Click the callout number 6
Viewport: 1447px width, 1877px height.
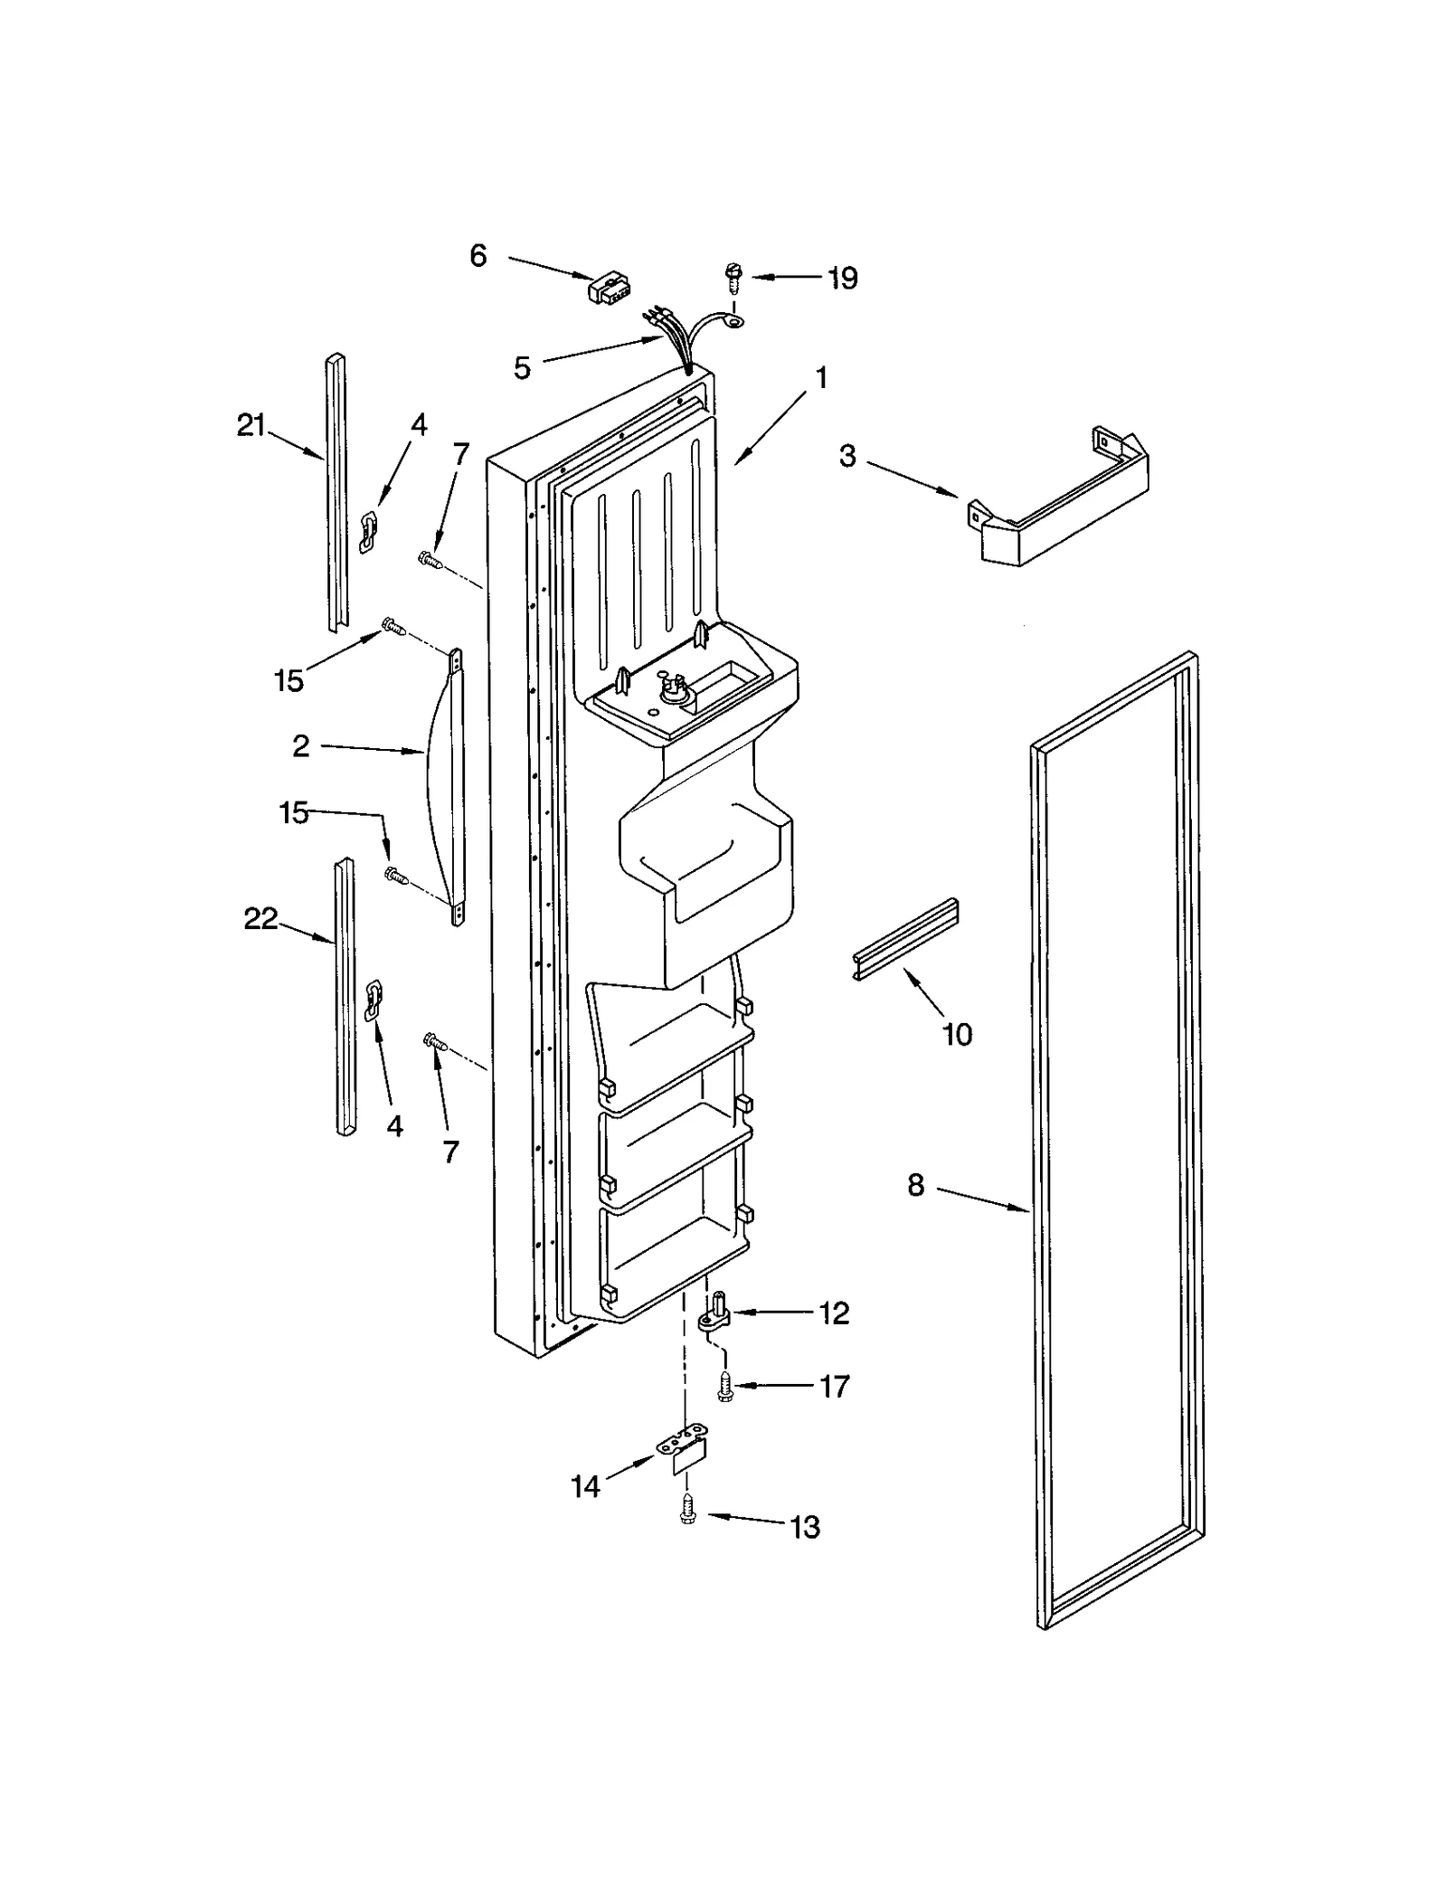tap(478, 256)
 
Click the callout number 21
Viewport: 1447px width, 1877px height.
tap(251, 424)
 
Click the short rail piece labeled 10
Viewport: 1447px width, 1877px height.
tap(905, 939)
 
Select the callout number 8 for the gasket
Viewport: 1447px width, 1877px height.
tap(916, 1185)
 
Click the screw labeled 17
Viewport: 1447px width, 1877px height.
tap(724, 1387)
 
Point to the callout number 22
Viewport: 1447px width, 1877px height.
tap(260, 919)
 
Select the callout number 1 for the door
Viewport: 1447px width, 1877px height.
tap(821, 377)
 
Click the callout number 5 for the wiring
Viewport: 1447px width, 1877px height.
tap(522, 368)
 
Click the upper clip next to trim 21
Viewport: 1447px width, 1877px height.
tap(367, 531)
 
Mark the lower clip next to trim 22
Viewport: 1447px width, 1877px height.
tap(373, 1001)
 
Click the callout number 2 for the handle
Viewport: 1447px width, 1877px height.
tap(300, 745)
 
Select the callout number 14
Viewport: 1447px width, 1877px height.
tap(585, 1485)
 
